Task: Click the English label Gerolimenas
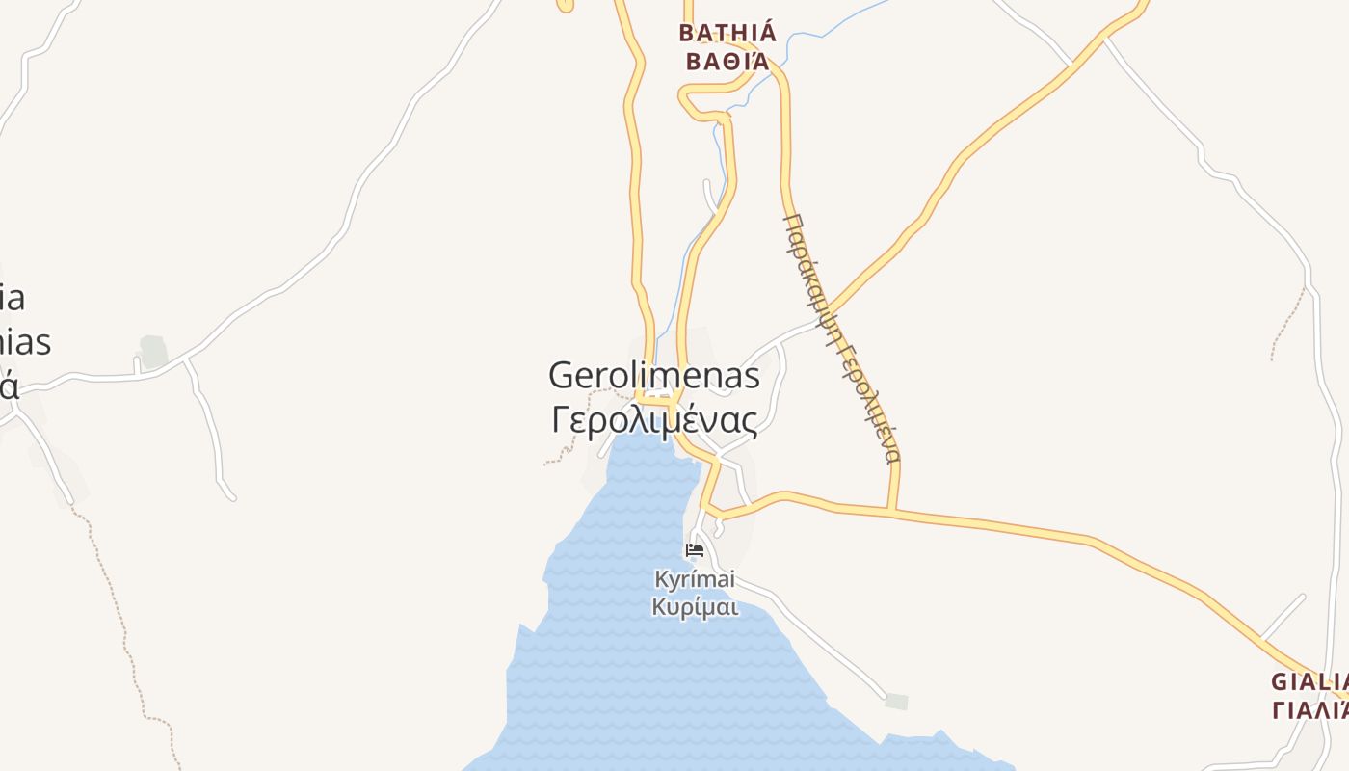point(653,376)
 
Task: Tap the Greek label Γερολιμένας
point(653,420)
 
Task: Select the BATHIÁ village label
point(727,33)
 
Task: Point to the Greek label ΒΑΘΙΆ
point(725,62)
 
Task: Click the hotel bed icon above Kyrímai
point(695,551)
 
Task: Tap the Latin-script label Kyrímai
point(695,579)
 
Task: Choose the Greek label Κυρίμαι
point(695,607)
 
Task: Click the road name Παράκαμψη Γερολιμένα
point(841,337)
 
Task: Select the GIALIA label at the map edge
point(1309,681)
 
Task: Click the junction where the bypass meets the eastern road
point(892,511)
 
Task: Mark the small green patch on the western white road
point(153,351)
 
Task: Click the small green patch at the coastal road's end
point(896,701)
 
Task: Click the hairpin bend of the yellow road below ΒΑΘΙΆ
point(685,100)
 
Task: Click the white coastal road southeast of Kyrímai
point(819,636)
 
